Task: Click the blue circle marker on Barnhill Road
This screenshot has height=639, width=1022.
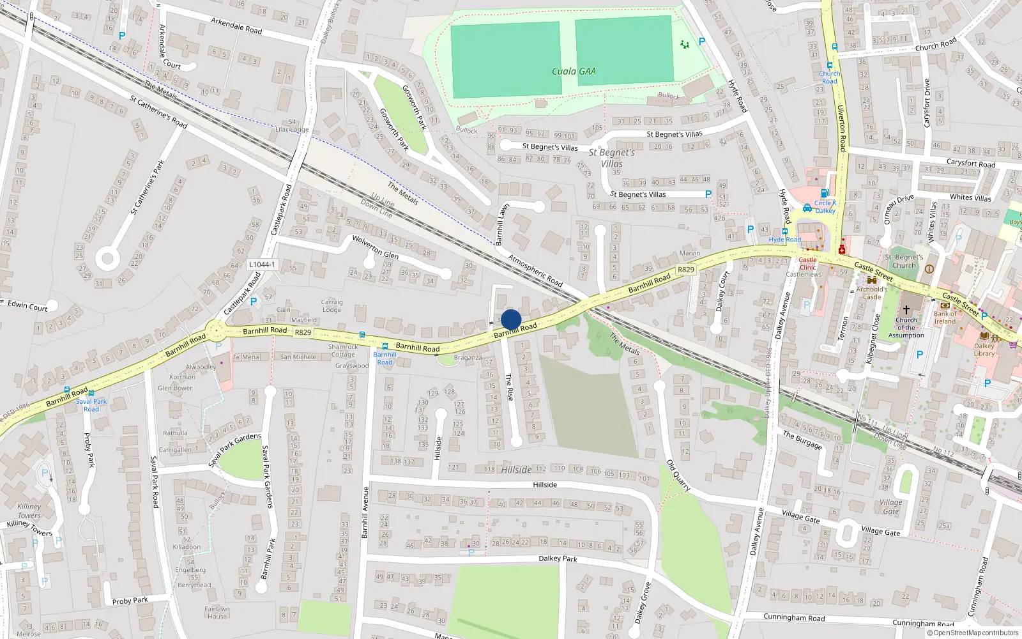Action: (x=511, y=319)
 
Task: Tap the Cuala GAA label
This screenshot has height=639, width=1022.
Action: (x=574, y=72)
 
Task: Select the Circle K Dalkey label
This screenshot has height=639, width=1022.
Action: (x=825, y=206)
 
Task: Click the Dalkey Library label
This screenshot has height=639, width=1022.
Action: (x=984, y=349)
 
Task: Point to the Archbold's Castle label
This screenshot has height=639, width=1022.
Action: (x=872, y=293)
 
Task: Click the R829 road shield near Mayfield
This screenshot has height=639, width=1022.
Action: (x=303, y=332)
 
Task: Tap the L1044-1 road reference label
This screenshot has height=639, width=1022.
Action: (x=262, y=265)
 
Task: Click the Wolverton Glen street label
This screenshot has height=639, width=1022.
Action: (x=375, y=245)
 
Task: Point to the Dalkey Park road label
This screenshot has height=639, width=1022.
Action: (x=558, y=558)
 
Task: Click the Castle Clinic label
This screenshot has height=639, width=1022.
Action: (x=807, y=263)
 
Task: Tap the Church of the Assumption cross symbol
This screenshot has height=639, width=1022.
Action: (x=906, y=309)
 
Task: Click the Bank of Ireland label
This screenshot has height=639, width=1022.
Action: (x=945, y=318)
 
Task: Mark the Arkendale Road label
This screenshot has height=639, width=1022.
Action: (x=236, y=26)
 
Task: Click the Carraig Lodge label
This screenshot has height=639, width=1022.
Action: (x=332, y=306)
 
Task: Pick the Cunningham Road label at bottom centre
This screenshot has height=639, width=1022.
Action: (x=794, y=618)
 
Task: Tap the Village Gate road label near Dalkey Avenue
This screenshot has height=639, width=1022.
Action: (x=800, y=516)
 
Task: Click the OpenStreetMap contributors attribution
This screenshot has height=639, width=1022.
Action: (x=972, y=633)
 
